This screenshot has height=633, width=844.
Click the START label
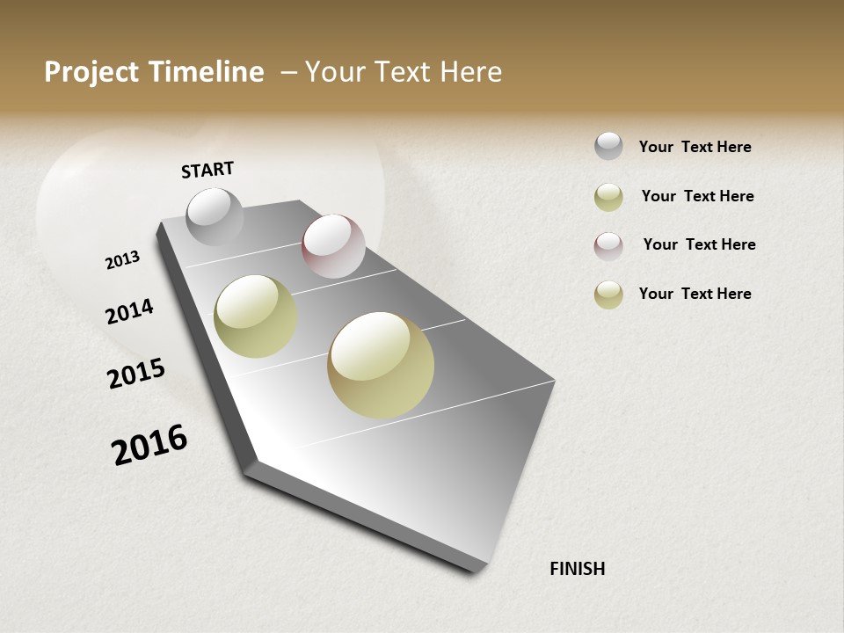pyautogui.click(x=207, y=170)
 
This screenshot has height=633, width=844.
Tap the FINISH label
pyautogui.click(x=577, y=569)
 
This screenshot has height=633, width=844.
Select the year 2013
pyautogui.click(x=122, y=259)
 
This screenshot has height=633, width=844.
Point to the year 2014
pyautogui.click(x=129, y=311)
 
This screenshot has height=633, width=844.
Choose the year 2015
pyautogui.click(x=136, y=374)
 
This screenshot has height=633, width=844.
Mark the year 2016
pyautogui.click(x=149, y=445)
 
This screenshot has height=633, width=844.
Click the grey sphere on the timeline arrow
pyautogui.click(x=215, y=217)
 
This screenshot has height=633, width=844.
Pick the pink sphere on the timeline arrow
pyautogui.click(x=333, y=246)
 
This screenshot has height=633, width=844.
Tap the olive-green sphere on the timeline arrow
pyautogui.click(x=256, y=316)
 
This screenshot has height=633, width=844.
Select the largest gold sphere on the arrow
pyautogui.click(x=381, y=365)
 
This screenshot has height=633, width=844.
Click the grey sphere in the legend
pyautogui.click(x=608, y=146)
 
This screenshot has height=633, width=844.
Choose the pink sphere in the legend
pyautogui.click(x=608, y=245)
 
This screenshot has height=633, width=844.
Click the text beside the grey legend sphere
pyautogui.click(x=695, y=147)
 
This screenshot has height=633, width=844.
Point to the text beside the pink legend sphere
pyautogui.click(x=699, y=244)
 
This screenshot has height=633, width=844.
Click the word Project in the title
pyautogui.click(x=89, y=72)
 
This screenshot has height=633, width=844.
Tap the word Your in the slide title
pyautogui.click(x=335, y=72)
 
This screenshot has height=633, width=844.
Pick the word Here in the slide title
pyautogui.click(x=470, y=72)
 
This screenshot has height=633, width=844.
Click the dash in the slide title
pyautogui.click(x=288, y=72)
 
